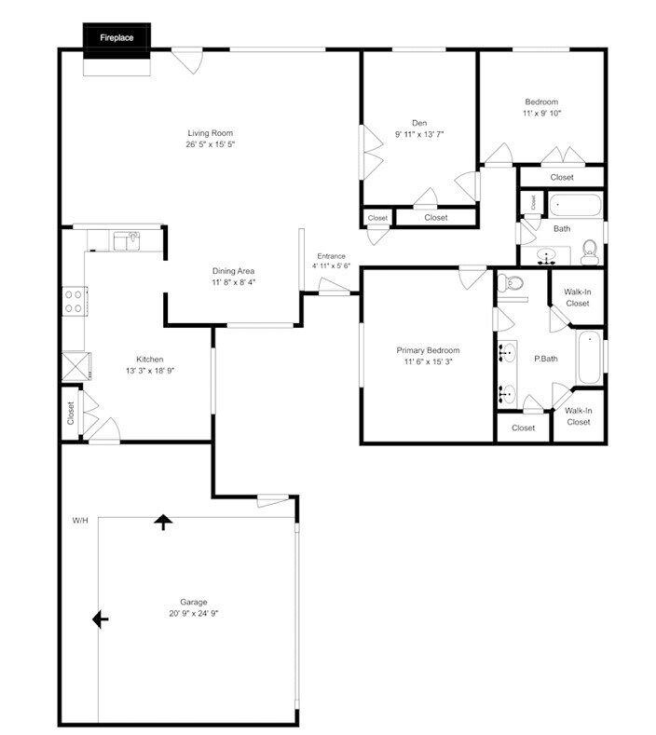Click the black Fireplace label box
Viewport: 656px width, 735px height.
pos(117,38)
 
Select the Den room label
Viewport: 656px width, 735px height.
pos(419,123)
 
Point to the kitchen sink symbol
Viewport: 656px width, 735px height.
pos(126,241)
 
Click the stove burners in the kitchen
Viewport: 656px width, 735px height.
pos(74,302)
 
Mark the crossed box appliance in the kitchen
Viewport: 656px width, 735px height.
pos(75,364)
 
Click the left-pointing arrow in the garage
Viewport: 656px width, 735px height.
pos(100,619)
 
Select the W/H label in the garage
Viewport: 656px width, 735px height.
pos(80,520)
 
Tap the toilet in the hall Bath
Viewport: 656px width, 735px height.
pos(589,250)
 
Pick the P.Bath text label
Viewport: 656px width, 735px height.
pos(545,359)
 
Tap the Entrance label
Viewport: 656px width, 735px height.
pos(331,256)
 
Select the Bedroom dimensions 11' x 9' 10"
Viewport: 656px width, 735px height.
pos(541,113)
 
